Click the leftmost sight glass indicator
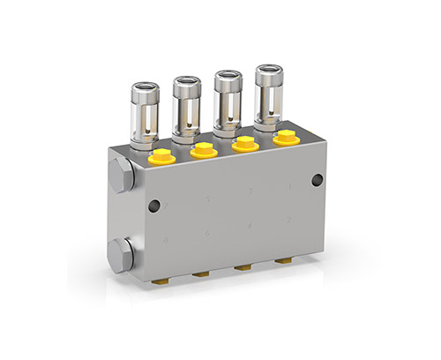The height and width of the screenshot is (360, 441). click(x=145, y=113)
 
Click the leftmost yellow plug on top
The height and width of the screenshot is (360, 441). click(x=161, y=158)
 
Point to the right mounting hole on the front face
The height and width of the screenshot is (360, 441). click(x=318, y=180)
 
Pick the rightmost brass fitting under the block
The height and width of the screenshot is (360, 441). click(x=283, y=261)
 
